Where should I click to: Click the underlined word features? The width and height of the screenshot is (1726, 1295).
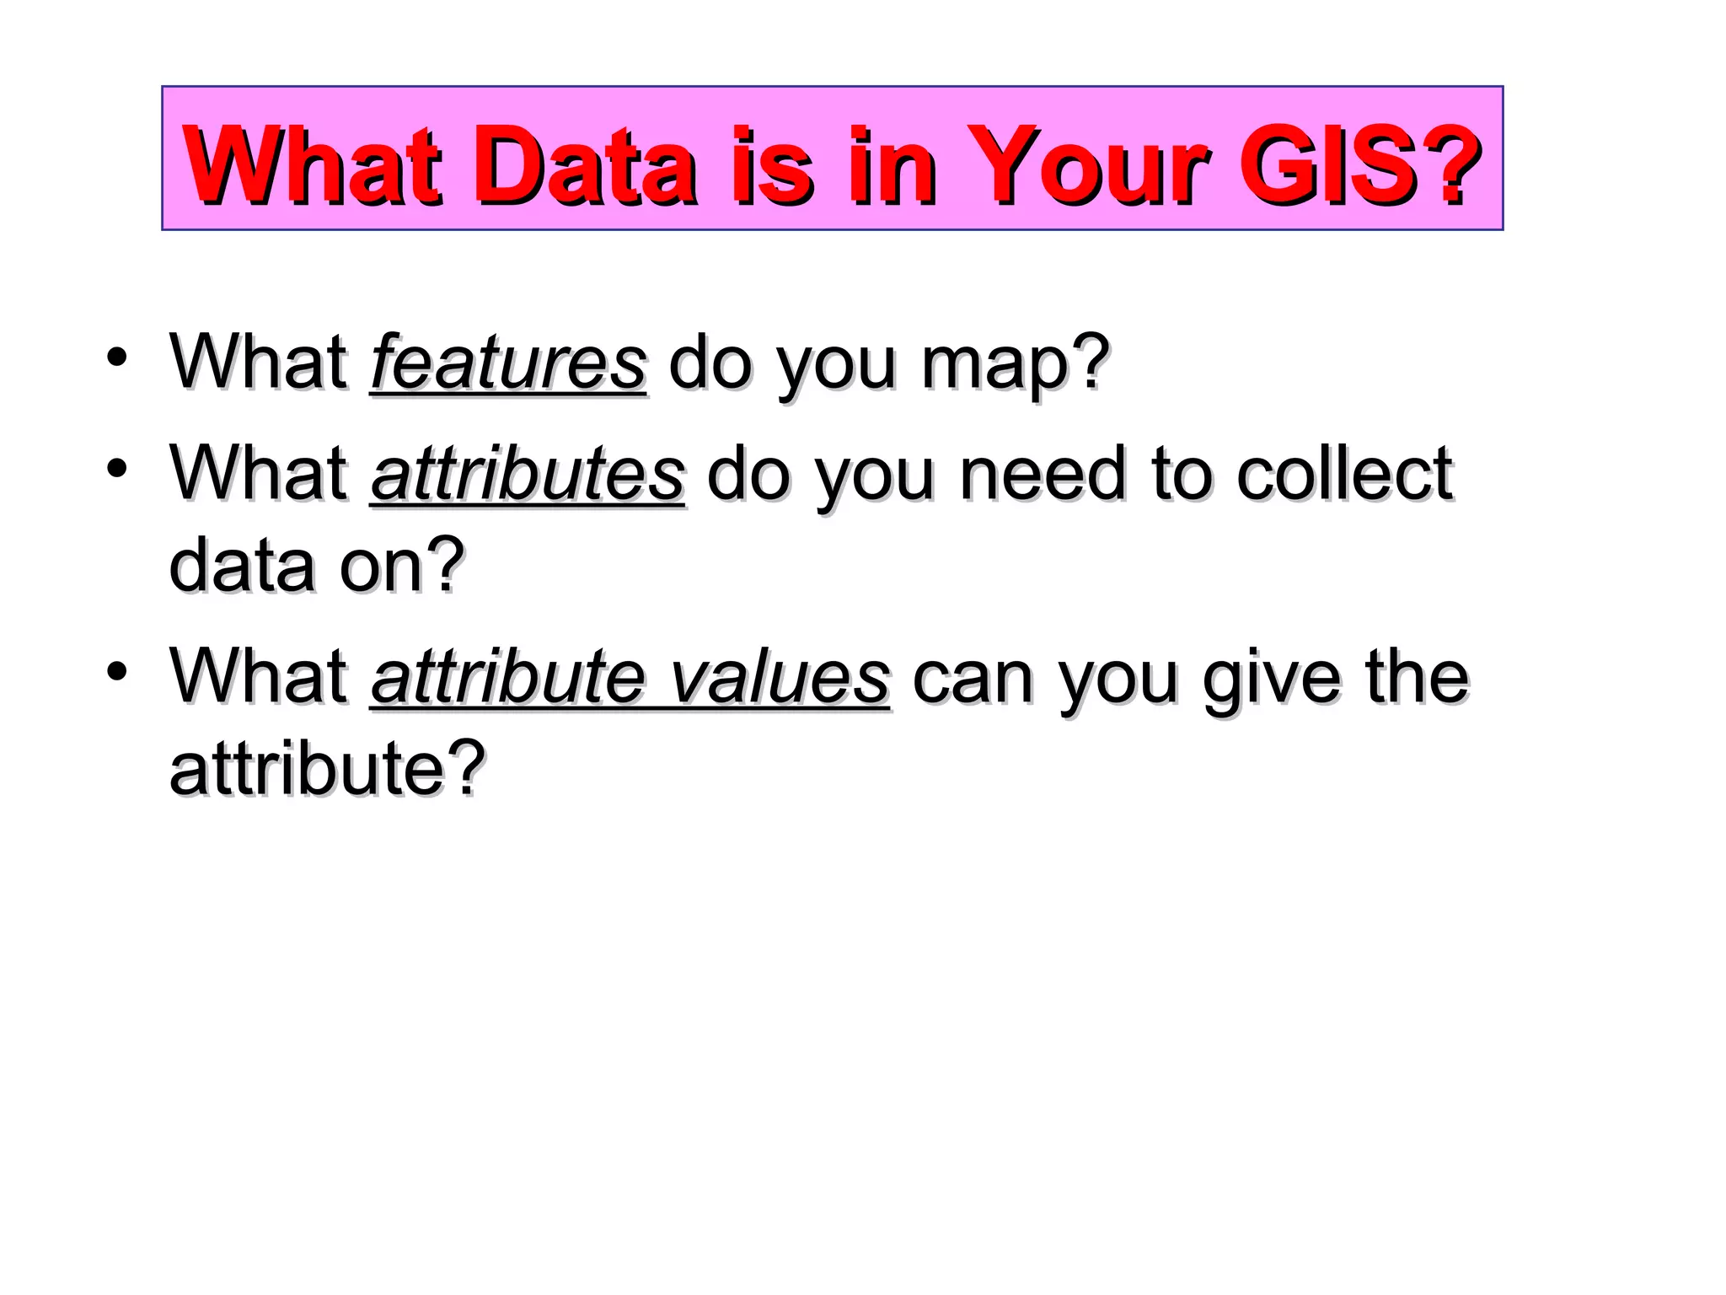508,363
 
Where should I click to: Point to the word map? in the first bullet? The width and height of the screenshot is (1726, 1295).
1015,364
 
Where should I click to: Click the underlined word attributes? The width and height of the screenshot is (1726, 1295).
528,474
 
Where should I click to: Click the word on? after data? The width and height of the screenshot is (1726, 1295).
401,566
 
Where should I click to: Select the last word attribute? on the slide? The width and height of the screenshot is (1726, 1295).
327,768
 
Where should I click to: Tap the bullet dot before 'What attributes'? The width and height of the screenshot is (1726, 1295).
117,467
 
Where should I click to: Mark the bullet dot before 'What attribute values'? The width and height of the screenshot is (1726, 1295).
117,671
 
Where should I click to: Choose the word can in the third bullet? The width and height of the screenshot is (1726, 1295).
973,680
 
